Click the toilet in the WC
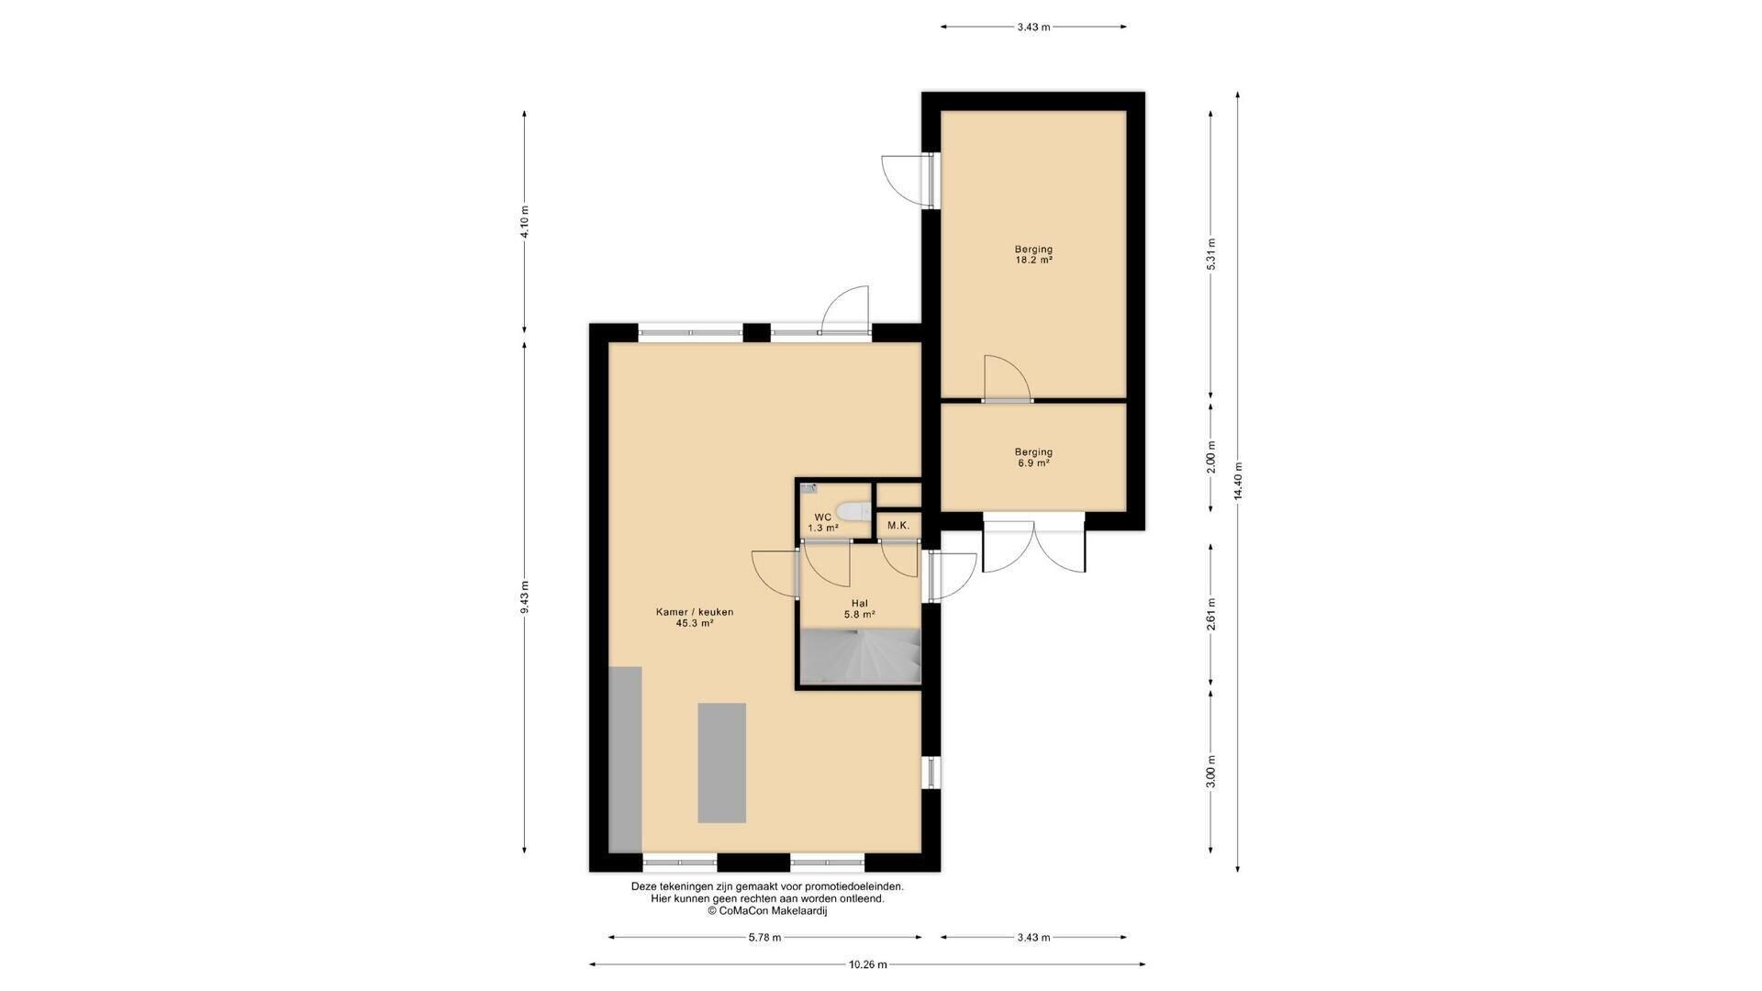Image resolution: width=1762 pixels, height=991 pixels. tap(853, 511)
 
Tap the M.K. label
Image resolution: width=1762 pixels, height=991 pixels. tap(898, 526)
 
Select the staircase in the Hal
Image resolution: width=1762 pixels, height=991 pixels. tap(860, 656)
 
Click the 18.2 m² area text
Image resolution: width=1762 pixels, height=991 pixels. tap(1033, 260)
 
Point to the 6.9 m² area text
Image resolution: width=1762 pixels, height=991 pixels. tap(1033, 463)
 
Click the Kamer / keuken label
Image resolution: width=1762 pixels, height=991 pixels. tap(695, 612)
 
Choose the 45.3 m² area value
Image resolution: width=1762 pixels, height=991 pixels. tap(695, 623)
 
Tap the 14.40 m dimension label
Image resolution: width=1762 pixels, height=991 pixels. tap(1238, 481)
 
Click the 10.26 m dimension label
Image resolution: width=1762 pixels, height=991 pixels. tap(867, 964)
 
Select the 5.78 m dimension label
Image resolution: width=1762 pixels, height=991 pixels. tap(764, 937)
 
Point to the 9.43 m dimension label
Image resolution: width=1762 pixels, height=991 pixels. tap(524, 597)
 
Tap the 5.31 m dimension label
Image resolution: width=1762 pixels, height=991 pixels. tap(1211, 254)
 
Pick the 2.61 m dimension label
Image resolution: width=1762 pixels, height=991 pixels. tap(1211, 614)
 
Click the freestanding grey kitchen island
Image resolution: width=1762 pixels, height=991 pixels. tap(721, 763)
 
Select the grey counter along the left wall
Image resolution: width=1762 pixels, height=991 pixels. tap(625, 759)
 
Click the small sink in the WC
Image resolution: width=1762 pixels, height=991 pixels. tap(808, 489)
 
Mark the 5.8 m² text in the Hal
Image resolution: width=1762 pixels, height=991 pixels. tap(860, 615)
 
